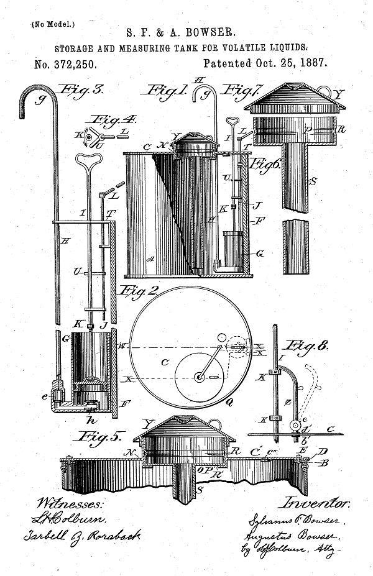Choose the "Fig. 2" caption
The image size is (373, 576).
tap(138, 290)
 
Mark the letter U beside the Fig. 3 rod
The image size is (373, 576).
tap(76, 272)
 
